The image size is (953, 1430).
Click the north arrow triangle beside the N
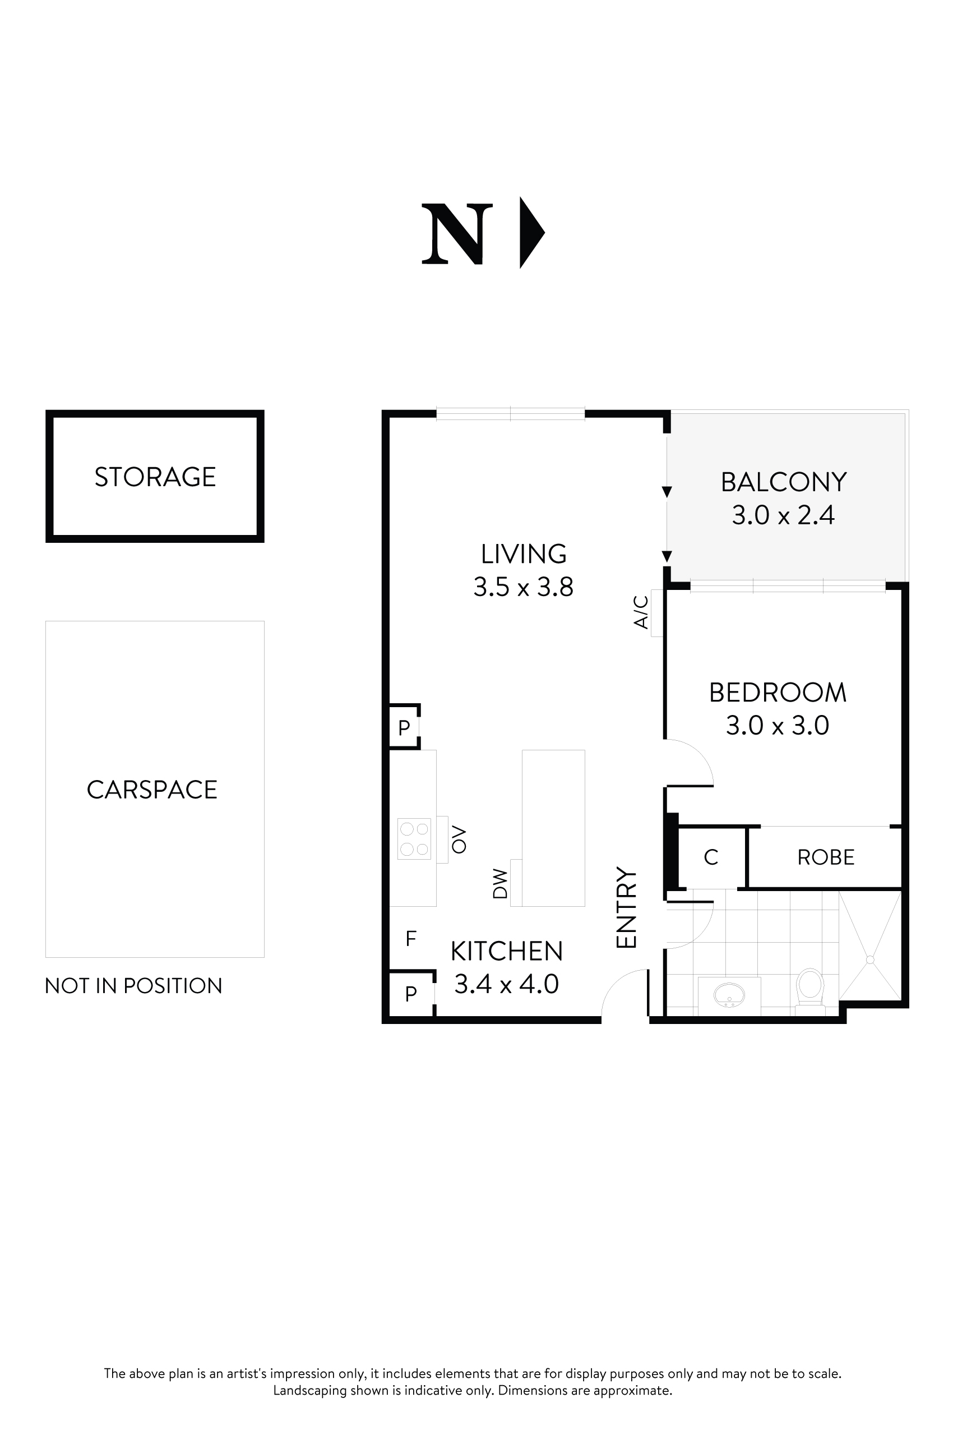tap(530, 232)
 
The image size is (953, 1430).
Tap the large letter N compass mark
tap(457, 234)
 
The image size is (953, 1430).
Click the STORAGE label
tap(155, 477)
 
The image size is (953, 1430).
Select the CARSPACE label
tap(152, 790)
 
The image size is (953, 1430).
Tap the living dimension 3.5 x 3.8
tap(523, 587)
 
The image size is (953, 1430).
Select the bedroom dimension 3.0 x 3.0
tap(778, 725)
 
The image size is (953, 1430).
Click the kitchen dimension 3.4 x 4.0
tap(506, 984)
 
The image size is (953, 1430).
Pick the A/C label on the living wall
tap(641, 612)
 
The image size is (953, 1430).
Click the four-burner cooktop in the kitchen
tap(414, 839)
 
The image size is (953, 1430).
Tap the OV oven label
tap(459, 839)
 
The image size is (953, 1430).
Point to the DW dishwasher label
tap(499, 883)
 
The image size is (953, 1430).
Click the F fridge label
tap(411, 939)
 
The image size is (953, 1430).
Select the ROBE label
tap(825, 857)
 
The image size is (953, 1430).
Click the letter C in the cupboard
tap(710, 857)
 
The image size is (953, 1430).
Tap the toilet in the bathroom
tap(809, 989)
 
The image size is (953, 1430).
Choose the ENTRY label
tap(626, 907)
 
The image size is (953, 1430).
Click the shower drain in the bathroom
tap(869, 960)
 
